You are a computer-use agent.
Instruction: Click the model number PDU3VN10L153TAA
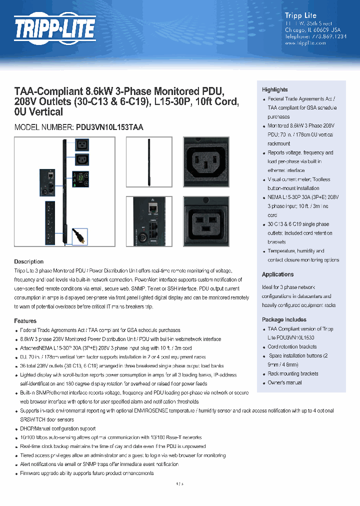pos(109,127)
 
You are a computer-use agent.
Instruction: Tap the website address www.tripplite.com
pos(305,43)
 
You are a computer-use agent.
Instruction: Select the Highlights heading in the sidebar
pos(275,89)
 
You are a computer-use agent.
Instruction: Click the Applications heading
pos(277,274)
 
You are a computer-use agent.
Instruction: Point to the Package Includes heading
pos(284,319)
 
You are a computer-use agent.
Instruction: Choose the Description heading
pos(28,261)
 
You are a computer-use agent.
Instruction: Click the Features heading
pos(25,321)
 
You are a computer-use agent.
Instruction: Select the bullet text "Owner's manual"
pos(284,382)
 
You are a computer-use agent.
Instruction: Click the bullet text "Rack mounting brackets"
pos(292,373)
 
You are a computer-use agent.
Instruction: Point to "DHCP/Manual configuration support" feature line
pos(58,428)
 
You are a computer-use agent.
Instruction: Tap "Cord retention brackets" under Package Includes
pos(292,346)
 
